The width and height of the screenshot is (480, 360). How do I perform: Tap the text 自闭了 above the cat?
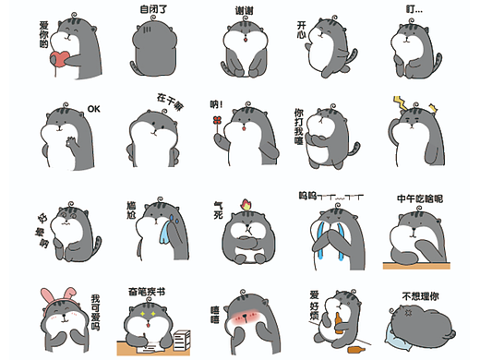point(153,9)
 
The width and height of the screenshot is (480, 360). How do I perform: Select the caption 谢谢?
point(245,10)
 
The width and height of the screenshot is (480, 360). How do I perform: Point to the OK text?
point(93,109)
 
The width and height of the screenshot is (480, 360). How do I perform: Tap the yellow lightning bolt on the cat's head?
point(402,102)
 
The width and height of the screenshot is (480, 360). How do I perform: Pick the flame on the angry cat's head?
point(247,201)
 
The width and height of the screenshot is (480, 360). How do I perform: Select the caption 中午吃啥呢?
point(420,198)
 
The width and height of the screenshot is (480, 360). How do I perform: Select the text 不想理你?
point(421,297)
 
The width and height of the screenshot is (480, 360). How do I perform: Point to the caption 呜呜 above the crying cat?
point(308,196)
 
